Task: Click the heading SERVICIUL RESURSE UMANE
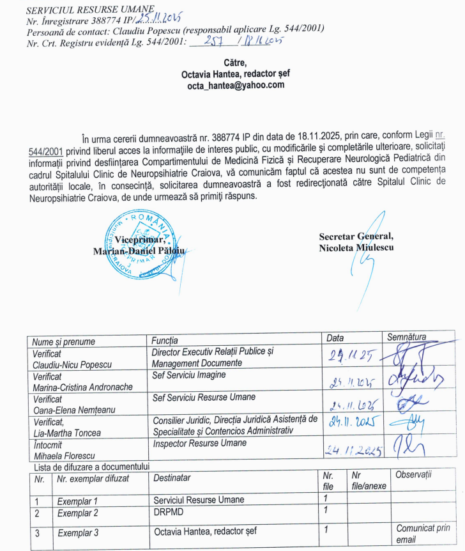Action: click(x=82, y=8)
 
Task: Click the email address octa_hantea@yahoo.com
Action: click(x=236, y=86)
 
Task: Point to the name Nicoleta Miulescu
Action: click(x=356, y=247)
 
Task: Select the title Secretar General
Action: click(x=356, y=237)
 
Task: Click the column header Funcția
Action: click(x=165, y=339)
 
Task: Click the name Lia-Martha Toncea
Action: click(x=66, y=433)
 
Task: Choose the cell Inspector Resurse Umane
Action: click(x=200, y=443)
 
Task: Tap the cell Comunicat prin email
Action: click(x=422, y=533)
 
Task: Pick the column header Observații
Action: click(x=414, y=475)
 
